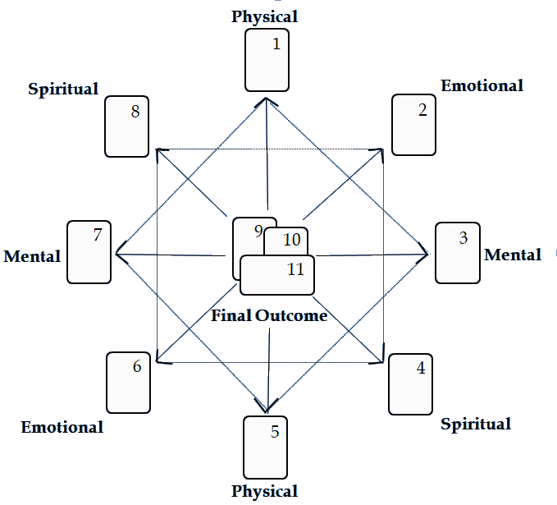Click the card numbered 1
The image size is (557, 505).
267,62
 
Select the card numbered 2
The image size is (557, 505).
413,125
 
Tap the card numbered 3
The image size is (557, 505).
456,252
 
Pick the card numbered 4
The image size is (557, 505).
410,384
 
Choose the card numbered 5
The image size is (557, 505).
265,447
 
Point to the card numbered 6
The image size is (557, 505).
128,383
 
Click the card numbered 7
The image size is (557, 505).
89,251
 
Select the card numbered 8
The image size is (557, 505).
126,128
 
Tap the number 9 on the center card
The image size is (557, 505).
258,232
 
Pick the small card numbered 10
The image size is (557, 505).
292,240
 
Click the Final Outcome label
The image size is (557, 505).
270,315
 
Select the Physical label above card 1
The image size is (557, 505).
265,16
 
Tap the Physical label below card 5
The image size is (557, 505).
264,491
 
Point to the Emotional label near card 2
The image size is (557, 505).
482,85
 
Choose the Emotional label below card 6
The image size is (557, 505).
62,427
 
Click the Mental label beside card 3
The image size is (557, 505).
513,255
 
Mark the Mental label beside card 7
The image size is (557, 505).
33,256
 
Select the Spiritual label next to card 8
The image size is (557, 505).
64,88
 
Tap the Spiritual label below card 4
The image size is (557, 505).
476,425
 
